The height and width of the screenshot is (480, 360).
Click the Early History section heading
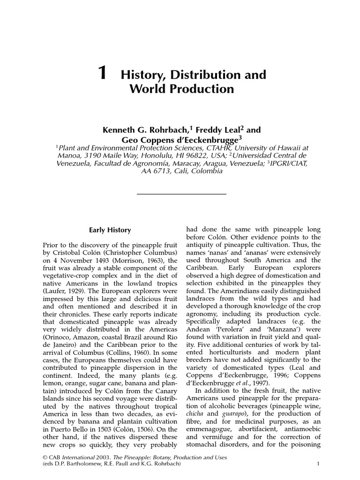(110, 230)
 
